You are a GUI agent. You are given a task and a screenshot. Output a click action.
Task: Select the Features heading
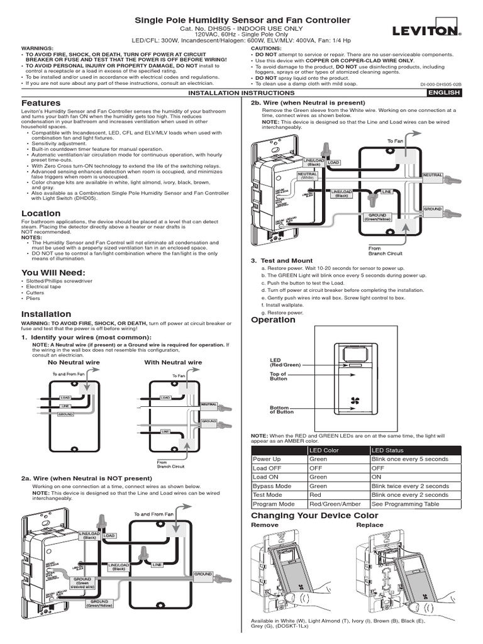pos(41,103)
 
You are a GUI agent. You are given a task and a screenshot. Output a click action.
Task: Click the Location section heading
pos(41,213)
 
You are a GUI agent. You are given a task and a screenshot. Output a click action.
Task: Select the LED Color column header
pos(324,450)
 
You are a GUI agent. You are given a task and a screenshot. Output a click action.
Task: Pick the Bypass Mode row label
pos(272,486)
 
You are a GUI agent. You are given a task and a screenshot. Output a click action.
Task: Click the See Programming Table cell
pos(406,504)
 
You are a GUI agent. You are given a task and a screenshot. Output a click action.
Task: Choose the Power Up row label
pos(267,459)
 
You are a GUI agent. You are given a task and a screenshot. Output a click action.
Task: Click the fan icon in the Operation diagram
pos(348,401)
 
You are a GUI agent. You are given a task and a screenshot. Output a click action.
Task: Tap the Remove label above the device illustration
pos(264,525)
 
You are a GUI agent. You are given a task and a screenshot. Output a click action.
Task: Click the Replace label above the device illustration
pos(369,525)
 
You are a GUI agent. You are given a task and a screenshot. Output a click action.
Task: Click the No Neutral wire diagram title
pos(70,362)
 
